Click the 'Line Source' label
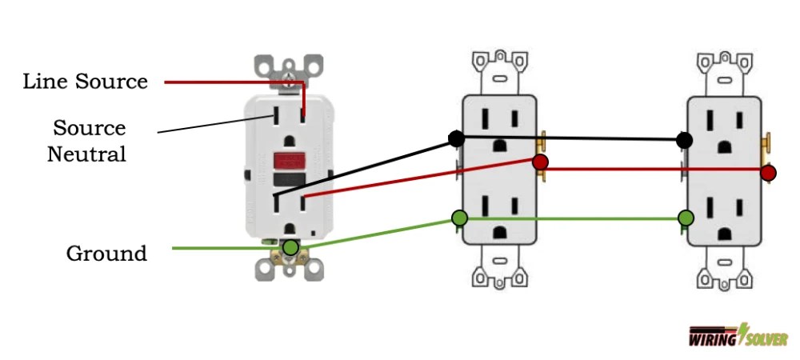tap(85, 82)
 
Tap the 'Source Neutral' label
tap(89, 141)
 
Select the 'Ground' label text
tap(106, 254)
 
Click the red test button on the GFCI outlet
tap(289, 161)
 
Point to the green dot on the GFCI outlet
tap(291, 248)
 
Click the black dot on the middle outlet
tap(456, 138)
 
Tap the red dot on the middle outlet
tap(540, 162)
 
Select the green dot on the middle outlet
tap(459, 218)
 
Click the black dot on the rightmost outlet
tap(684, 140)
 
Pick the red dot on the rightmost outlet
tap(769, 172)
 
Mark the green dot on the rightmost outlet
tap(686, 218)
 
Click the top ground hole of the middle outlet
tap(501, 145)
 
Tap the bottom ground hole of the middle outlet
tap(501, 232)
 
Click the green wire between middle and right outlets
tap(572, 218)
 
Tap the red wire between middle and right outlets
tap(652, 170)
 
